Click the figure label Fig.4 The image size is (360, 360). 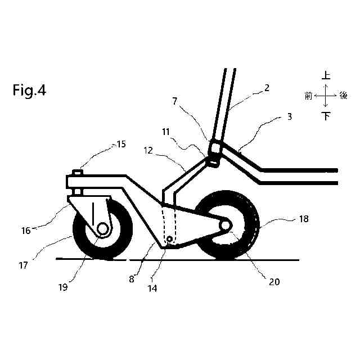[29, 91]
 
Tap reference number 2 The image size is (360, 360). [267, 88]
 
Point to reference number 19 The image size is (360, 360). [63, 286]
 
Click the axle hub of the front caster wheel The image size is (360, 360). [103, 228]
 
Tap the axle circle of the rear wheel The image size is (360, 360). [225, 225]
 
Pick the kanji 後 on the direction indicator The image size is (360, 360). [344, 96]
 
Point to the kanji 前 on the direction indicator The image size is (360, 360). [308, 96]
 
